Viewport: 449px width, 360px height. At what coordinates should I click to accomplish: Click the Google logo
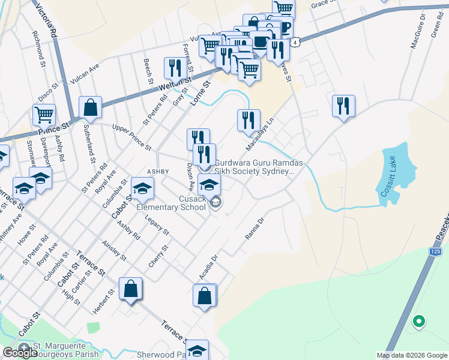[20, 352]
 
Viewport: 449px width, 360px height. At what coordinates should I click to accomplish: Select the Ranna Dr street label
[255, 228]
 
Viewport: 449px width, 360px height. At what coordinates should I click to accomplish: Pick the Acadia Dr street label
[208, 267]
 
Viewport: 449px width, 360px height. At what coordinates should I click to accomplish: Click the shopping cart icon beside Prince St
[44, 113]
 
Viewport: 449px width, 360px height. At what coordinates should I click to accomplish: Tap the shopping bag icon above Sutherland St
[90, 108]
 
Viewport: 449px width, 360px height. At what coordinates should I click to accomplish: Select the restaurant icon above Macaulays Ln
[249, 121]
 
